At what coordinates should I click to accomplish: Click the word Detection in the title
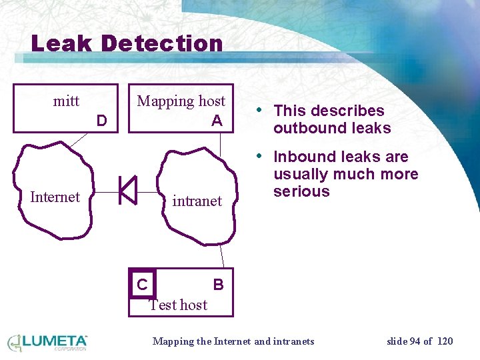click(x=162, y=44)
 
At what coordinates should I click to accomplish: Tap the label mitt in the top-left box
click(x=66, y=101)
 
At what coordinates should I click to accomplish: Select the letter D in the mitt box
click(x=101, y=121)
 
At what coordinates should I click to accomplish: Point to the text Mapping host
click(x=181, y=101)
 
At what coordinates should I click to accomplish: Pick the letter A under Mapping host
click(x=217, y=121)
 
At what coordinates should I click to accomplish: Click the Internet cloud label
click(x=55, y=197)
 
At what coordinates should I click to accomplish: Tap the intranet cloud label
click(x=197, y=201)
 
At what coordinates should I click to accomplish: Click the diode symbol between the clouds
click(x=127, y=190)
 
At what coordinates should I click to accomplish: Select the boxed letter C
click(x=142, y=285)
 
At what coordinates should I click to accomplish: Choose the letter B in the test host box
click(x=218, y=285)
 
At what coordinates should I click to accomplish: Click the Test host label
click(x=178, y=305)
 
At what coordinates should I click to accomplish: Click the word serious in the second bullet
click(x=301, y=191)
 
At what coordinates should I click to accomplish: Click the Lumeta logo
click(x=47, y=342)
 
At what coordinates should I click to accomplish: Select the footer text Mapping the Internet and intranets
click(x=233, y=341)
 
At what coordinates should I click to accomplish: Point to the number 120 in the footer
click(x=445, y=341)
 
